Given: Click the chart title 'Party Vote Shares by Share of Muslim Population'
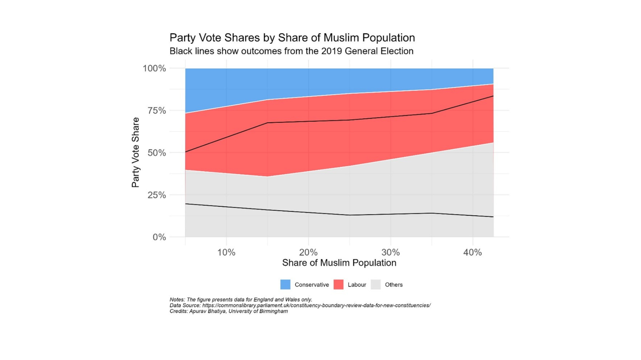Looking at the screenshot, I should pos(292,38).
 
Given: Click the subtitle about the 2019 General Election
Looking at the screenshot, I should pos(291,51).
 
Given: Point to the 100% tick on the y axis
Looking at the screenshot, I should pos(154,68).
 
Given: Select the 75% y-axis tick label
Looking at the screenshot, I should pos(157,111).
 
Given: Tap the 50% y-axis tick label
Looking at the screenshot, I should pos(157,153).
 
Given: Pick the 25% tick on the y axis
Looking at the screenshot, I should pos(157,195).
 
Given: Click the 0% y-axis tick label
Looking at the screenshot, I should pos(159,237).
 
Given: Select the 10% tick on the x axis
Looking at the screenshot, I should pos(226,252).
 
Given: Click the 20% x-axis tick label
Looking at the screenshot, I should pos(308,252).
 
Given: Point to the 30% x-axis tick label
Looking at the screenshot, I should pos(391,252).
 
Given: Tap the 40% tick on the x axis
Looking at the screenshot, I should pos(472,252).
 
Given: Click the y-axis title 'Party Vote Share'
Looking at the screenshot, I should pos(136,152).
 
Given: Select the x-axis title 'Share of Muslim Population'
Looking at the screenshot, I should pos(339,263).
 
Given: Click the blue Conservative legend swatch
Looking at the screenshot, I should pos(285,284).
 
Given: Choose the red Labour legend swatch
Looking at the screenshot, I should pos(339,284).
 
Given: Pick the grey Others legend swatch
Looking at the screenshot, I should pos(376,284).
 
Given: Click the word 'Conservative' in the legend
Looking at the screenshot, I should pos(311,285).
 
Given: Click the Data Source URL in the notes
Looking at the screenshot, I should pos(316,305).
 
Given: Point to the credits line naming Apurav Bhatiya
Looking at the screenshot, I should pos(229,311).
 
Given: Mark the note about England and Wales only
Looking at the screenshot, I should pos(241,300).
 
